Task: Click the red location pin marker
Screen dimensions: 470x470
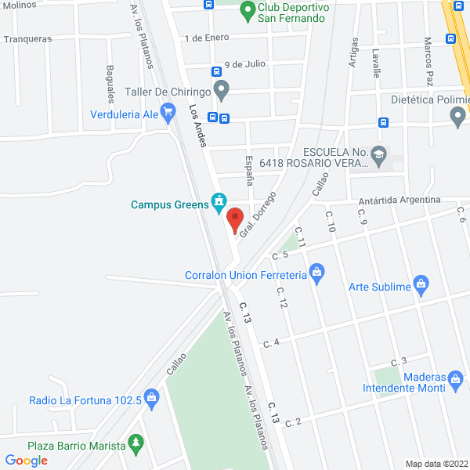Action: pos(234,219)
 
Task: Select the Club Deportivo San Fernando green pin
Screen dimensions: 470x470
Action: pos(247,12)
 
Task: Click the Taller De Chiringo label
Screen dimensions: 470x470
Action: pos(168,92)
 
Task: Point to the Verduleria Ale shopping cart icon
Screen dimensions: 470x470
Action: pos(168,114)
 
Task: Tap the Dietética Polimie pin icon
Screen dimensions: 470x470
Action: pos(458,117)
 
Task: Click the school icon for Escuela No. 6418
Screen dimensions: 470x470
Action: pos(379,154)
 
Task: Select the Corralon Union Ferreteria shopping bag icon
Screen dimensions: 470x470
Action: pos(316,274)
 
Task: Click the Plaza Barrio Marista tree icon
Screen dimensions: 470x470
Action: pos(136,444)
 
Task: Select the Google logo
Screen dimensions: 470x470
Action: pos(26,461)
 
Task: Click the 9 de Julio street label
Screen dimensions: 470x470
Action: pos(244,64)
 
